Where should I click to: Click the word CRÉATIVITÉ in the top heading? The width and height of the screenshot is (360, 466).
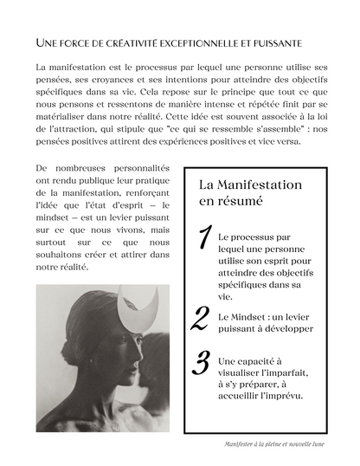pyautogui.click(x=125, y=42)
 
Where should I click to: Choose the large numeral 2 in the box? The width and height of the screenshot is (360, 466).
pyautogui.click(x=201, y=319)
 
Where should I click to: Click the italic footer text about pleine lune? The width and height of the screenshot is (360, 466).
pyautogui.click(x=274, y=444)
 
